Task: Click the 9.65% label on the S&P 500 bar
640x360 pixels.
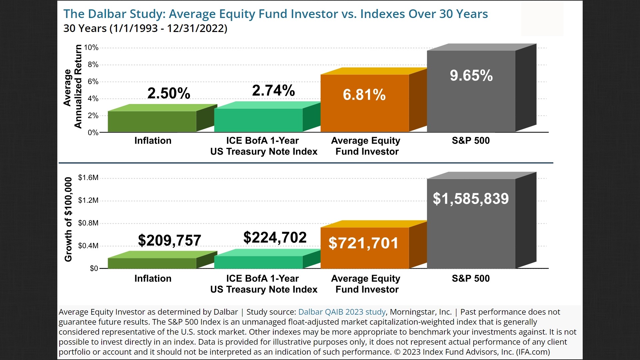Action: click(471, 76)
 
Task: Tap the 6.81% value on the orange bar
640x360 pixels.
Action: click(364, 95)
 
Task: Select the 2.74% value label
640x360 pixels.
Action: click(273, 91)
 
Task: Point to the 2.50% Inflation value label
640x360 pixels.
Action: click(169, 93)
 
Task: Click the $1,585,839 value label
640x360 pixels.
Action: click(471, 199)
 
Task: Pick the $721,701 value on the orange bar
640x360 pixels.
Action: click(363, 243)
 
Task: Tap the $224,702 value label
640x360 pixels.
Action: click(275, 238)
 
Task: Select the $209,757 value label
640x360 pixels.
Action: click(169, 240)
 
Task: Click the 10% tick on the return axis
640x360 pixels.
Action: click(91, 48)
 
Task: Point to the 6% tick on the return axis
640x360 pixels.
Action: click(93, 82)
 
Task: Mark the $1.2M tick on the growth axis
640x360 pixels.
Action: click(88, 200)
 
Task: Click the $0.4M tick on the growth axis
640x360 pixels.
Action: click(88, 246)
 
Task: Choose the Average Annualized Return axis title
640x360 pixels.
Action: click(73, 87)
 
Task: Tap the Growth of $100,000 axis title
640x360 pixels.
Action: click(68, 219)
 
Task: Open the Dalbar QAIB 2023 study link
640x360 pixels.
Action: click(342, 312)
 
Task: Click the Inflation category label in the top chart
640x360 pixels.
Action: click(153, 141)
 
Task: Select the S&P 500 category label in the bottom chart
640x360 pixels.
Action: click(471, 279)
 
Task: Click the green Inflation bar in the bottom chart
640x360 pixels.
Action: click(152, 263)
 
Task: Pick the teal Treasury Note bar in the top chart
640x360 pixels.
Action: click(258, 120)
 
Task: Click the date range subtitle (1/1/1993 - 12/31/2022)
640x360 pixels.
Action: click(145, 28)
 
